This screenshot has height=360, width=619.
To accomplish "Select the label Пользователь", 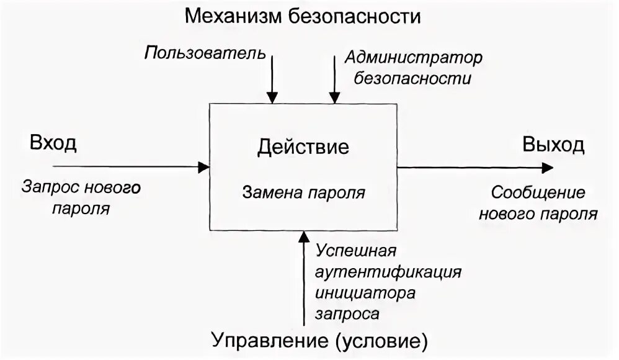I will click(x=205, y=52).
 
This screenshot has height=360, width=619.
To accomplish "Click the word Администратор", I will click(x=414, y=58).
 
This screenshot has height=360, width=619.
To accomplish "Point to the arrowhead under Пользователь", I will click(x=272, y=97).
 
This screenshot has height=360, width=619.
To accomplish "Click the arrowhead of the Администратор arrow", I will click(x=334, y=97).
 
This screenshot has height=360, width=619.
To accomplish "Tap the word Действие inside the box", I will click(x=303, y=147).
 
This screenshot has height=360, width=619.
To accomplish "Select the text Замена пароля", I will click(x=303, y=192).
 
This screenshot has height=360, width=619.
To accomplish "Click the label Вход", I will click(x=53, y=144).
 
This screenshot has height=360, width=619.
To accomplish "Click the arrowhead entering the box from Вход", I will click(x=203, y=166).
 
